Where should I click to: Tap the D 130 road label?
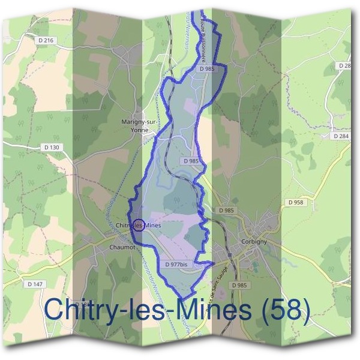(x=52, y=147)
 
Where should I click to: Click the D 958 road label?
(x=298, y=202)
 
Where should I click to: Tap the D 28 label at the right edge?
(x=344, y=65)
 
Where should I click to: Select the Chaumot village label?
(x=124, y=247)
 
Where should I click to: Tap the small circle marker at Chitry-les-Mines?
(x=139, y=225)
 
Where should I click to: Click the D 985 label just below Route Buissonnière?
(x=206, y=69)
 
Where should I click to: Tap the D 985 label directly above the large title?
(x=239, y=284)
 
